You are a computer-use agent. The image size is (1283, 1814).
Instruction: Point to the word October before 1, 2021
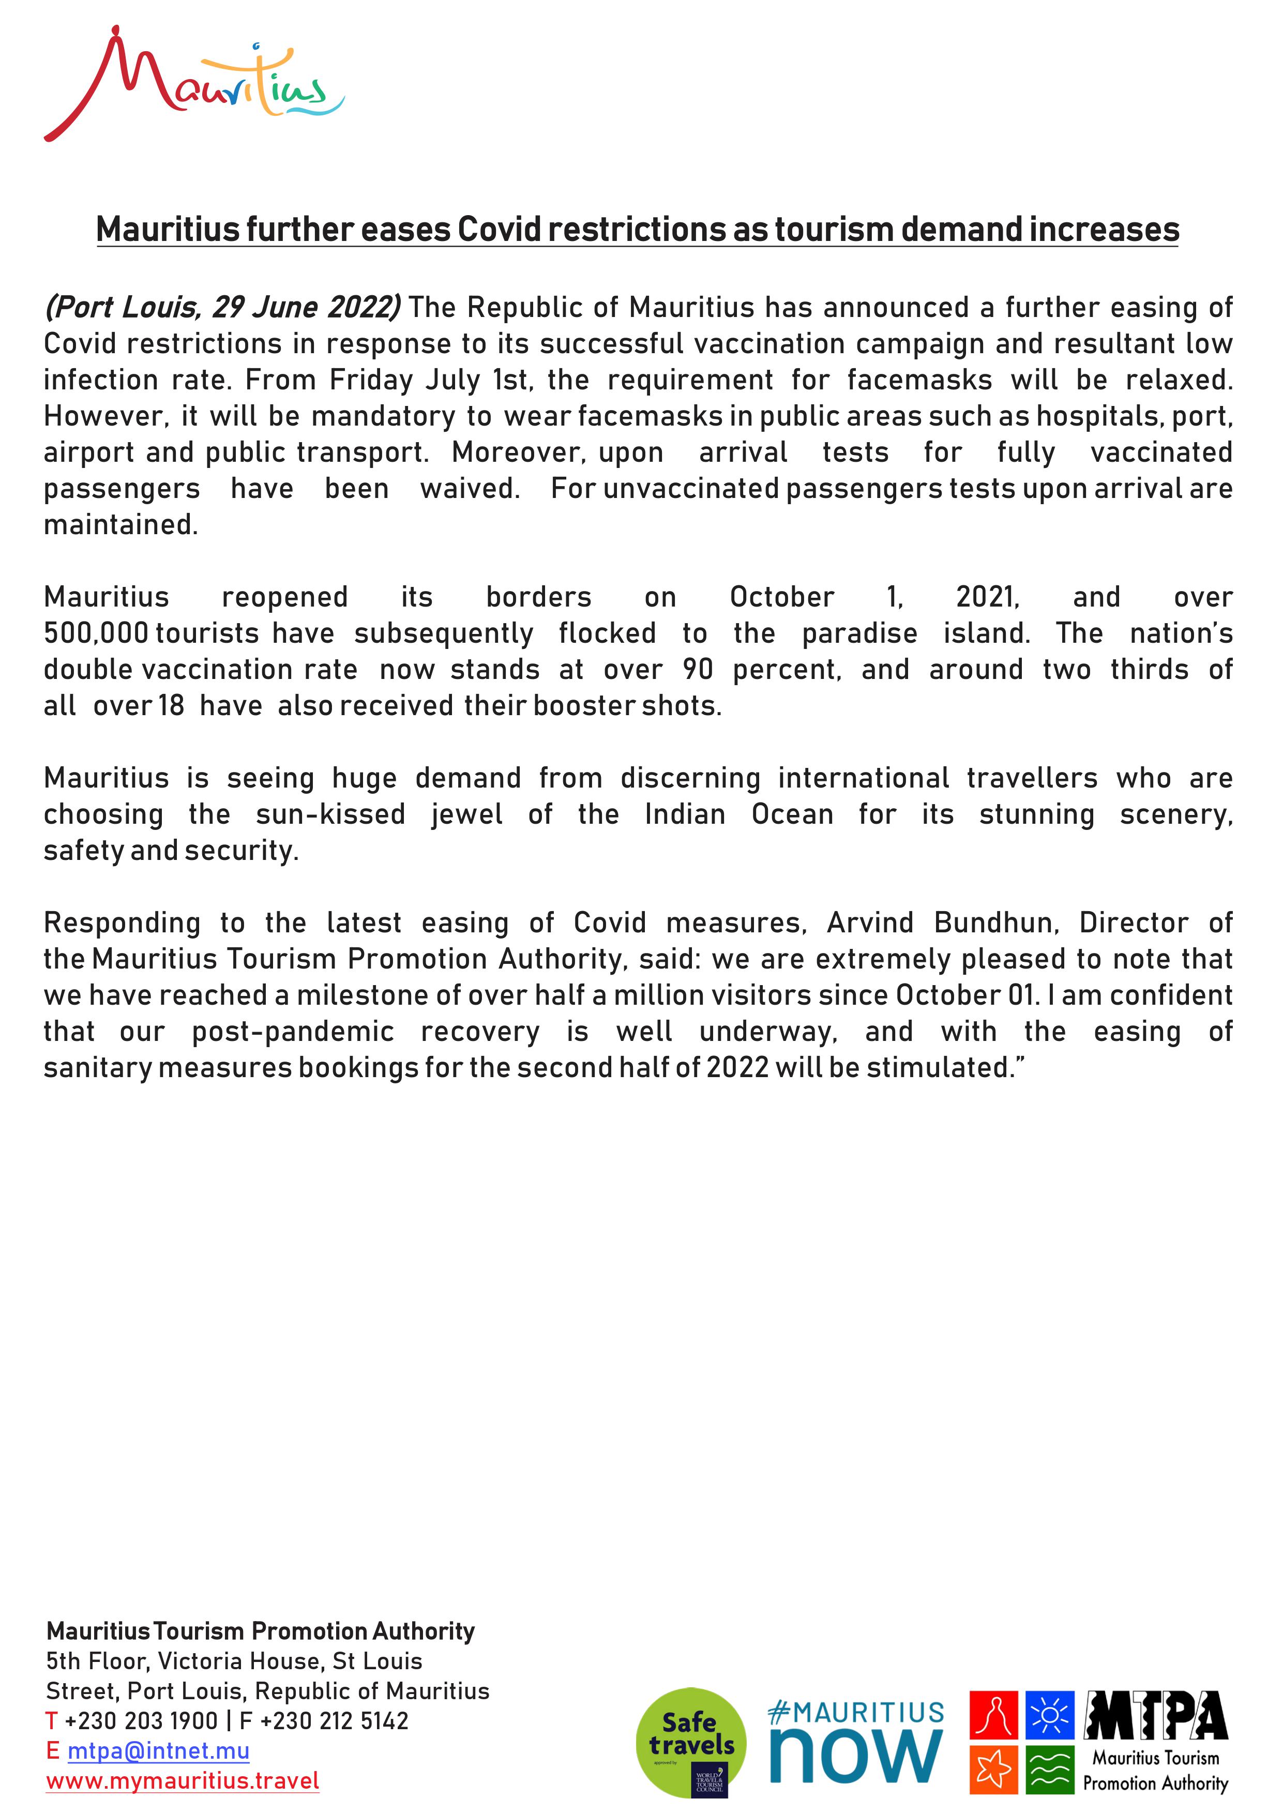(x=781, y=597)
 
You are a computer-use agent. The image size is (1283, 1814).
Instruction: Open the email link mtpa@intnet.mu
(x=158, y=1751)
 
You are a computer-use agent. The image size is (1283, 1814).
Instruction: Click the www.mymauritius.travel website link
(x=183, y=1781)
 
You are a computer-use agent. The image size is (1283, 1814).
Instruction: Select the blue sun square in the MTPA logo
(x=1049, y=1715)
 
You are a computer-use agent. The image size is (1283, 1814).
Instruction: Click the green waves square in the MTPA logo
(x=1049, y=1770)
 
